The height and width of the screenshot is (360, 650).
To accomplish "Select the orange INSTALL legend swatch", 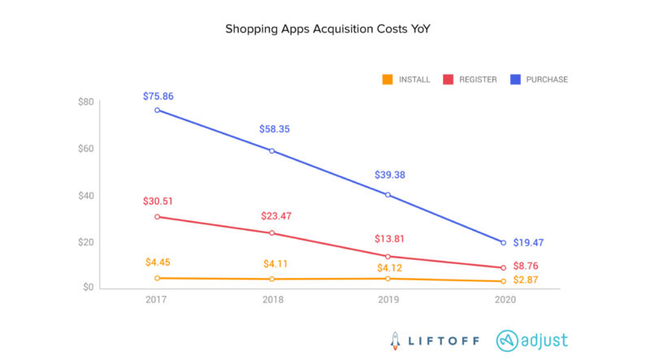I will tap(388, 80).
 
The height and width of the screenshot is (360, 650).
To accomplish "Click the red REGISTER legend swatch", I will tap(448, 80).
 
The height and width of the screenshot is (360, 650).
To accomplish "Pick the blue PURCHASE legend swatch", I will tap(515, 80).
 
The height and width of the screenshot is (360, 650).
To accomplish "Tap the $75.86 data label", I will tap(157, 96).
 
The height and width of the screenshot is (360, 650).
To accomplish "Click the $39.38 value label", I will tap(388, 174).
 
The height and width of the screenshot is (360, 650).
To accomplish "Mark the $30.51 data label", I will tap(157, 202).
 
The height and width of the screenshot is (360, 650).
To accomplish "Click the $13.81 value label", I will tap(388, 241).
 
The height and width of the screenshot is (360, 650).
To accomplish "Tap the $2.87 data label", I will tap(528, 280).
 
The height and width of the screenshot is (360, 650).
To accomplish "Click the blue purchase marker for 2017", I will tap(157, 110).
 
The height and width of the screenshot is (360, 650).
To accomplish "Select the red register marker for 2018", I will tap(272, 233).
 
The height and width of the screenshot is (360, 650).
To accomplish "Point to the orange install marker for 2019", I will tap(388, 279).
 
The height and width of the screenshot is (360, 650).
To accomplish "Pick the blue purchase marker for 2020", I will tap(503, 242).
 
